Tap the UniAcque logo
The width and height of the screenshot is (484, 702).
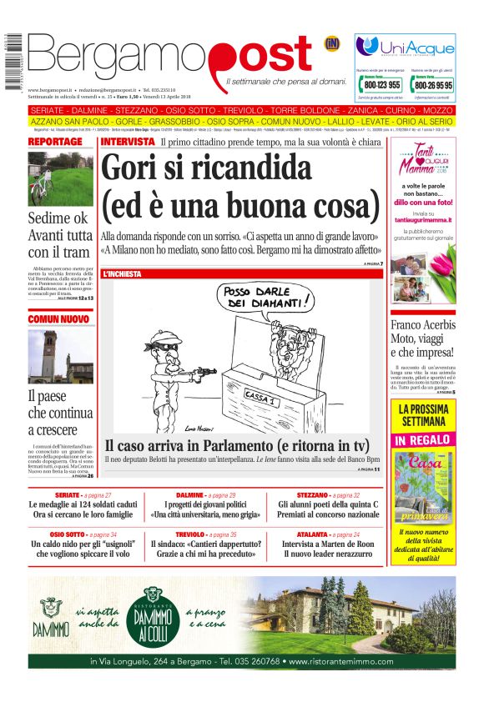pyautogui.click(x=405, y=47)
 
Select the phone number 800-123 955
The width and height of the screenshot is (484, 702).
pyautogui.click(x=382, y=84)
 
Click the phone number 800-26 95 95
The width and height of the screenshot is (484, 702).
pyautogui.click(x=433, y=84)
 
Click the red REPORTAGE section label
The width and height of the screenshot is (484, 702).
pyautogui.click(x=55, y=142)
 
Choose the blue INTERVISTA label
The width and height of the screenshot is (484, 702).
pyautogui.click(x=127, y=142)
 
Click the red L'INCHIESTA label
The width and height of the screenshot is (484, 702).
pyautogui.click(x=122, y=273)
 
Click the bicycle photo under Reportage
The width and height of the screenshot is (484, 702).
pyautogui.click(x=60, y=178)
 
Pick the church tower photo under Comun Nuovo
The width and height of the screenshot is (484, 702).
pyautogui.click(x=60, y=356)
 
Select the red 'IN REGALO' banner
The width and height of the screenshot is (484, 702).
pyautogui.click(x=423, y=440)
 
